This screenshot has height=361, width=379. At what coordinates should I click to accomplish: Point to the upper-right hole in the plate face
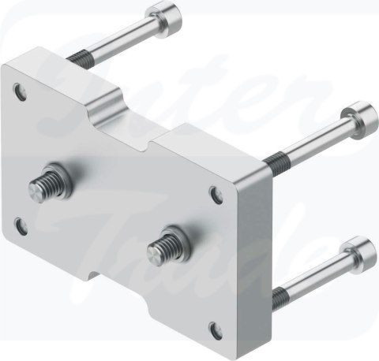[216, 192]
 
